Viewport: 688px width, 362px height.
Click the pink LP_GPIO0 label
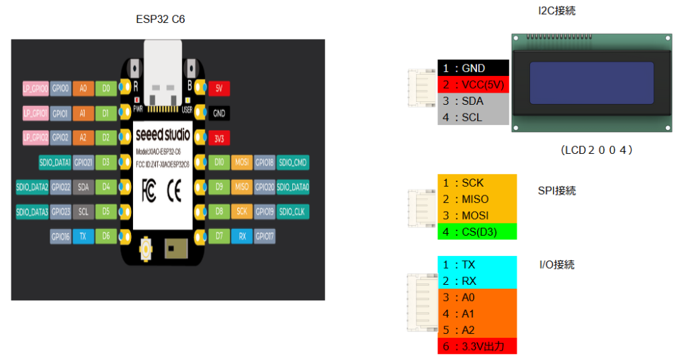36,88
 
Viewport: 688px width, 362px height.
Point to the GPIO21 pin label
83,163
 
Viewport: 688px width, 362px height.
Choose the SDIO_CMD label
292,163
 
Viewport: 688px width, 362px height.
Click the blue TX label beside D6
83,236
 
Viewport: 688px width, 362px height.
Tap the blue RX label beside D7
242,236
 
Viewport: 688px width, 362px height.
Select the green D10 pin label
219,163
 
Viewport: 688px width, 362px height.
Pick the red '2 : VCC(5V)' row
473,85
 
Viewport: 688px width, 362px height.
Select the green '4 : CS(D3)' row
477,232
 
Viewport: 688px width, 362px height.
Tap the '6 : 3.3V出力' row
477,346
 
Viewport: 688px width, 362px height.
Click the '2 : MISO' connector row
477,199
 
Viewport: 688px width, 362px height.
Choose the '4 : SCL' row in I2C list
473,117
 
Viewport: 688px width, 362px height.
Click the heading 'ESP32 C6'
161,19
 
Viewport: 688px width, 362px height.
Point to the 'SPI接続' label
557,191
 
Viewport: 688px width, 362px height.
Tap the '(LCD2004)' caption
597,150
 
